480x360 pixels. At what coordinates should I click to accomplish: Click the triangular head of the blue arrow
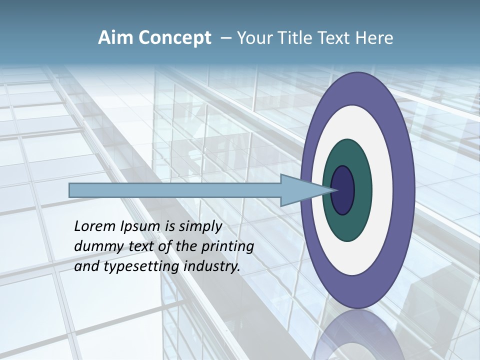(x=300, y=190)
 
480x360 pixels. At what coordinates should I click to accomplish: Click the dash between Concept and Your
(x=225, y=38)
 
